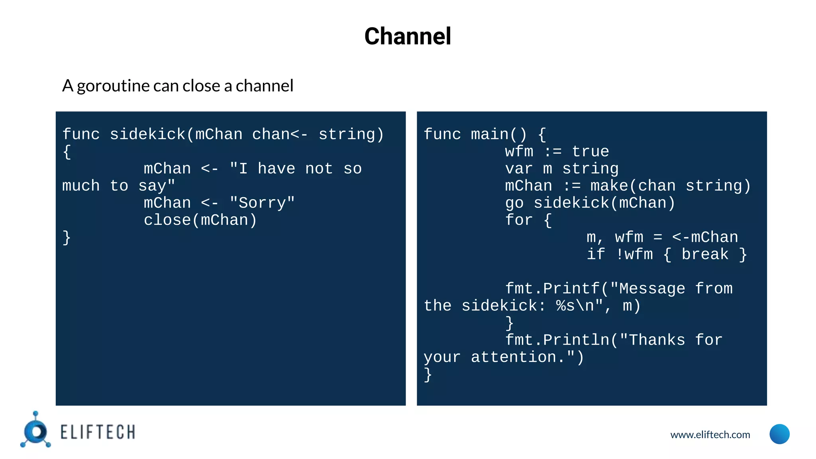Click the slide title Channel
coord(408,36)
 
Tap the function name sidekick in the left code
coord(147,135)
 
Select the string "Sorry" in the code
coord(262,203)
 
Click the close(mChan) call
coord(200,220)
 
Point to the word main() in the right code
coord(499,135)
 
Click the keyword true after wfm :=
coord(590,152)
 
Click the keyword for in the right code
coord(519,220)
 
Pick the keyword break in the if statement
coord(705,255)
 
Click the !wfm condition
coord(634,255)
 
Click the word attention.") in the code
coord(527,357)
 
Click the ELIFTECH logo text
coord(98,432)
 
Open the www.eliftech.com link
coord(710,435)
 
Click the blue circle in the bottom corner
coord(779,434)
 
